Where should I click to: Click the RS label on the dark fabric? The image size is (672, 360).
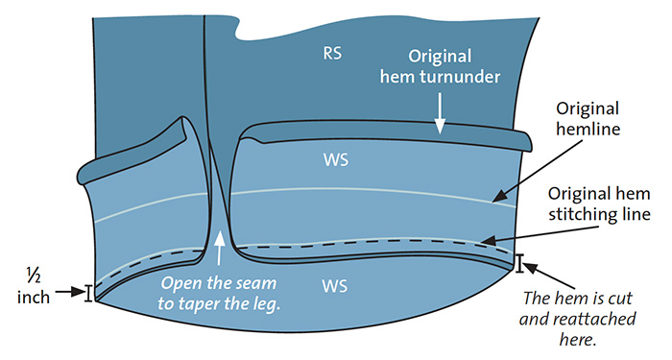pyautogui.click(x=332, y=53)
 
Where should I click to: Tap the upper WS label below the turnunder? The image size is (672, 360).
pyautogui.click(x=336, y=160)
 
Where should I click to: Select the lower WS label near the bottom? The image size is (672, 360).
pyautogui.click(x=334, y=286)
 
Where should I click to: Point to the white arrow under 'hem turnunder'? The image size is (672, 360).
pyautogui.click(x=440, y=112)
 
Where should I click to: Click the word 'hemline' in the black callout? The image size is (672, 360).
pyautogui.click(x=588, y=129)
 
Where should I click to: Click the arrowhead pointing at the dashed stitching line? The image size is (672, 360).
pyautogui.click(x=488, y=240)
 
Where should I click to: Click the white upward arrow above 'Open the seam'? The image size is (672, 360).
pyautogui.click(x=219, y=249)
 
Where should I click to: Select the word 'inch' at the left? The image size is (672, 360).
pyautogui.click(x=34, y=297)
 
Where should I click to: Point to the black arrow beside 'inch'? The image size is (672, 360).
pyautogui.click(x=70, y=292)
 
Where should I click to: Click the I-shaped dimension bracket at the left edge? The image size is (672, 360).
pyautogui.click(x=88, y=294)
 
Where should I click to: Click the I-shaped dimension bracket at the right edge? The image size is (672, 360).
pyautogui.click(x=519, y=264)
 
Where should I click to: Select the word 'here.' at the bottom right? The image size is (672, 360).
pyautogui.click(x=578, y=340)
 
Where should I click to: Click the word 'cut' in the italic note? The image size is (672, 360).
pyautogui.click(x=620, y=299)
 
